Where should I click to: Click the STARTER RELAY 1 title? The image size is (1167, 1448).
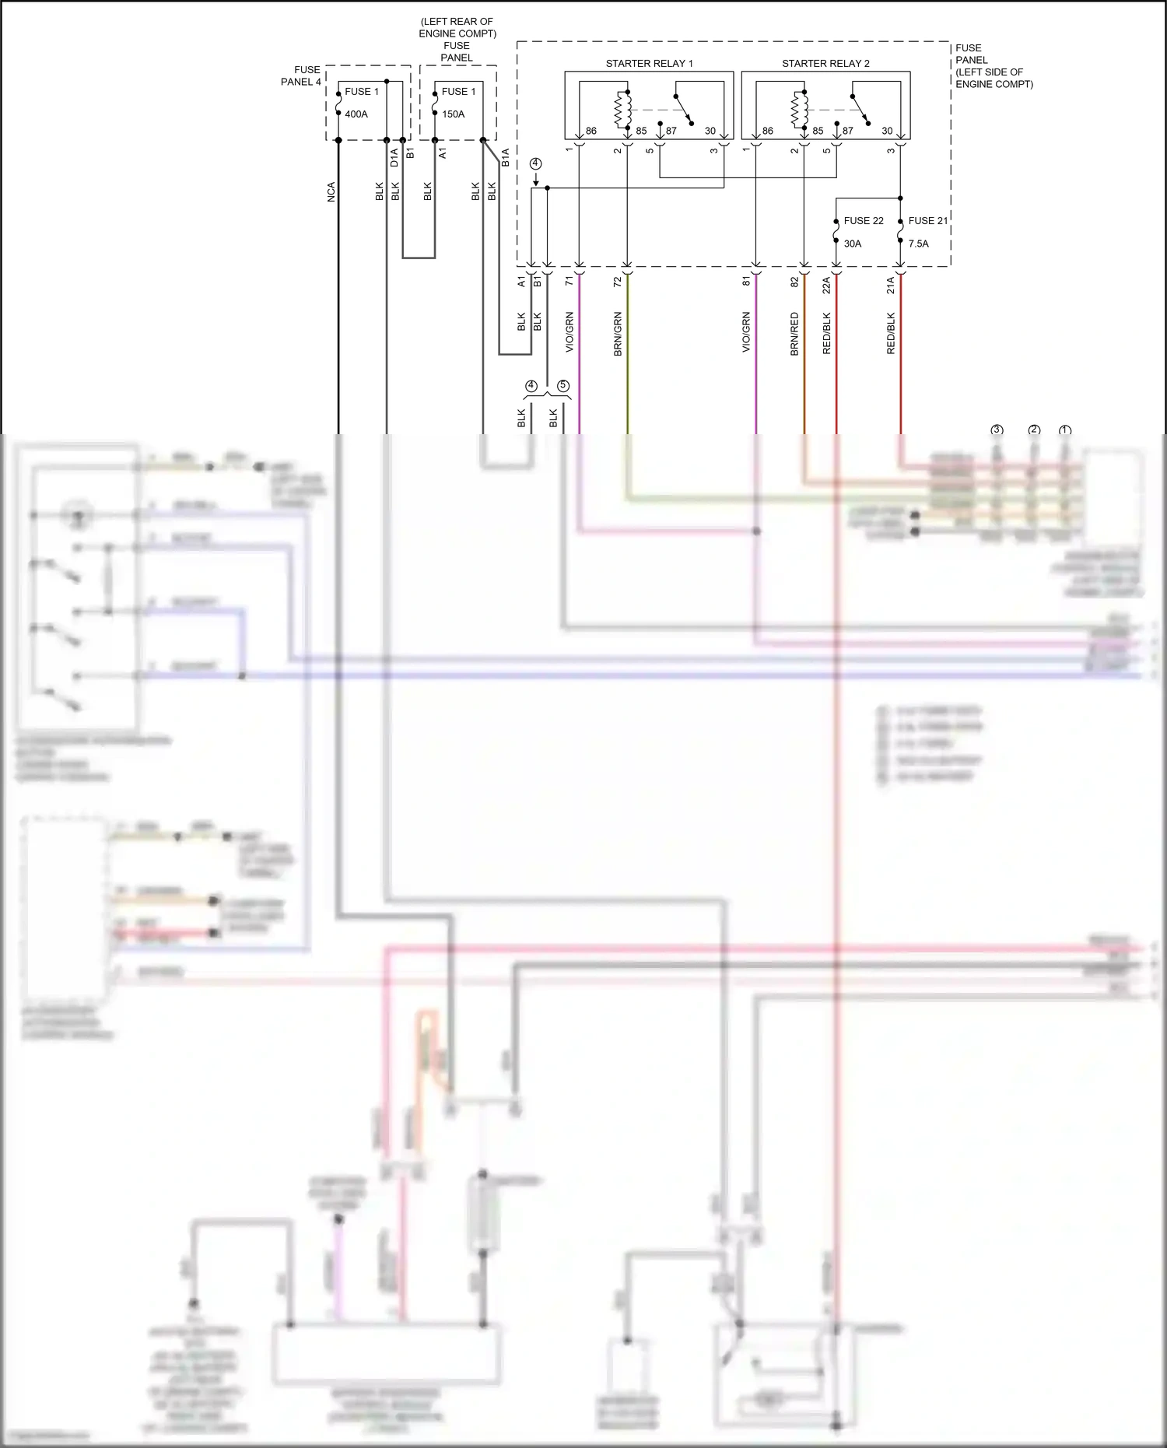[649, 64]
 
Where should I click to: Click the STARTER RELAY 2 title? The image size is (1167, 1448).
[825, 64]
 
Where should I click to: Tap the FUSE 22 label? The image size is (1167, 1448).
[863, 221]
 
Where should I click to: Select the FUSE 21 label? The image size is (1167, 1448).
[927, 221]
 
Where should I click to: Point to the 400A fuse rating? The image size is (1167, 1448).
[356, 114]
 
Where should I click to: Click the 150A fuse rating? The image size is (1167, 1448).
[453, 114]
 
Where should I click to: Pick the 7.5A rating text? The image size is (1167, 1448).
[918, 244]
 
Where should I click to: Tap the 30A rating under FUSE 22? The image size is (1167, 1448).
[853, 244]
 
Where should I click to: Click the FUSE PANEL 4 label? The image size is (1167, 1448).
[301, 75]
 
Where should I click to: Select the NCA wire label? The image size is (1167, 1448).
[331, 192]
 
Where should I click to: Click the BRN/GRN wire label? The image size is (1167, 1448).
[618, 334]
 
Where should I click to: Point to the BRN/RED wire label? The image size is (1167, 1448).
[794, 334]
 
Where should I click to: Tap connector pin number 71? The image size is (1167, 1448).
[569, 281]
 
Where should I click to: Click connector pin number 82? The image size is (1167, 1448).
[794, 282]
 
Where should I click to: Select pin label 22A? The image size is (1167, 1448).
[826, 286]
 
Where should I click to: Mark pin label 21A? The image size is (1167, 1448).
[891, 286]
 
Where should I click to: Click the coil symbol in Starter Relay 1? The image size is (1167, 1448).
[622, 109]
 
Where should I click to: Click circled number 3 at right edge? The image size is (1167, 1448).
[997, 430]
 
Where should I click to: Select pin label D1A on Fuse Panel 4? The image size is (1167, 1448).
[394, 158]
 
